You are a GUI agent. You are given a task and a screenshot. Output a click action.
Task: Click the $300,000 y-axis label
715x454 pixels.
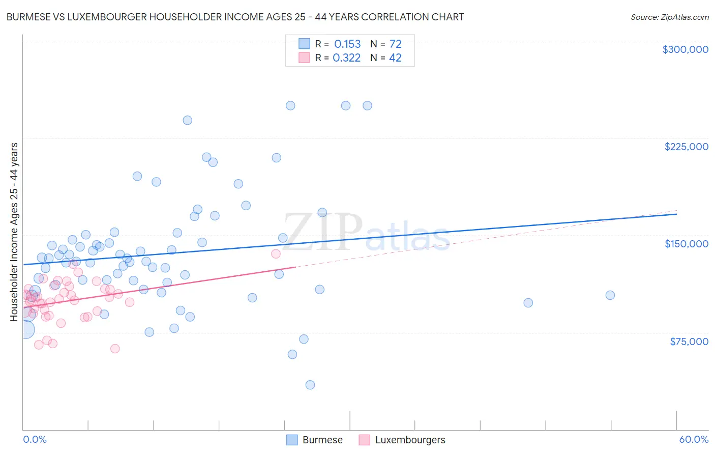point(685,49)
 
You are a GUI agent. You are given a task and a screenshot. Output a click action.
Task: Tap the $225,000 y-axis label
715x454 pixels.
point(686,147)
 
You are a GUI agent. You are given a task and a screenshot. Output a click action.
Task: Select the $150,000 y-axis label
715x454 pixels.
point(686,244)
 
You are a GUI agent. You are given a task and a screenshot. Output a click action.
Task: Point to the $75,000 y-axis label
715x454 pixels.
point(689,342)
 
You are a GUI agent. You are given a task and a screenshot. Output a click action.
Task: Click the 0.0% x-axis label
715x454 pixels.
point(35,439)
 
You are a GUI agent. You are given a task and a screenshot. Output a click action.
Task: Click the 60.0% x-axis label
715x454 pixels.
point(693,439)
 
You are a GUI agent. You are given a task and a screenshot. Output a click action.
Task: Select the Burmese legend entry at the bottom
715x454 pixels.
point(322,440)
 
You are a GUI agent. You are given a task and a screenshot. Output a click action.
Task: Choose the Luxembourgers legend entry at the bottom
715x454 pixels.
point(410,440)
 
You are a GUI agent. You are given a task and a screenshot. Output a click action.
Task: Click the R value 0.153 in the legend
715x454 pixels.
point(347,44)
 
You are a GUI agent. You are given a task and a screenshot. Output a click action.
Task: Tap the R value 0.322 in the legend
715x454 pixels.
point(346,58)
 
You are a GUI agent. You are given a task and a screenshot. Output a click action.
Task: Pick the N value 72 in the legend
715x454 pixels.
point(395,44)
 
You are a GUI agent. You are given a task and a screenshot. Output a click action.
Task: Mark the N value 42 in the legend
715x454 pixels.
point(395,58)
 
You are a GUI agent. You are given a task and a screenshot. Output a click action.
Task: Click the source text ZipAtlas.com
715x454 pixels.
point(683,17)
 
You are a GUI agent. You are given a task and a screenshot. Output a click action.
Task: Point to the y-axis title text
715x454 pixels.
point(14,232)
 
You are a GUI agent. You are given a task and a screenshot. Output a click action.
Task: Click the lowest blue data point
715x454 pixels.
point(310,385)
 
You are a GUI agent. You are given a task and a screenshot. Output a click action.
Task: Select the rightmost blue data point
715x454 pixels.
point(610,295)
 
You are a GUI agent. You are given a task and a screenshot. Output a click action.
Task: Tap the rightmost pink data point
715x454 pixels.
point(276,253)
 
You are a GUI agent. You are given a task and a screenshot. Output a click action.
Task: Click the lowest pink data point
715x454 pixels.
point(115,349)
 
